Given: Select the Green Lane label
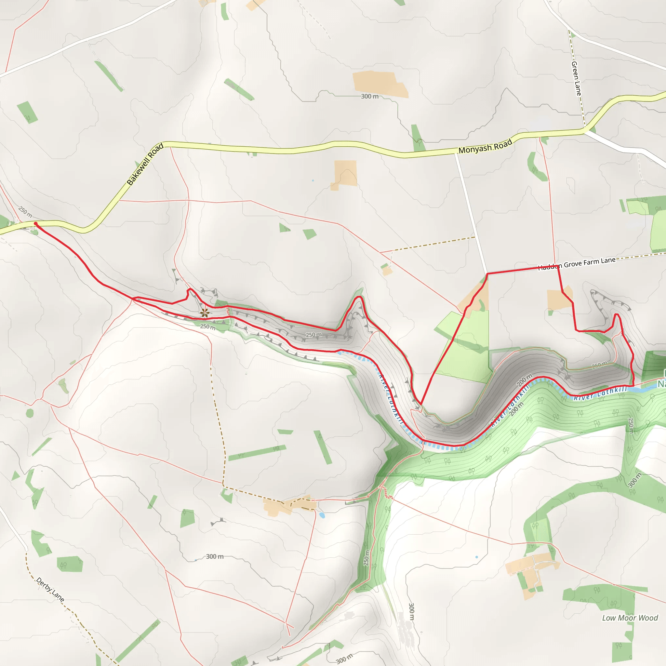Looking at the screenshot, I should tap(576, 78).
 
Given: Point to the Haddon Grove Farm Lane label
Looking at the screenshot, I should tap(577, 264).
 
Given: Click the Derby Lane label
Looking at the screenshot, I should tap(50, 590).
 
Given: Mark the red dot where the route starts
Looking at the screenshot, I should tap(35, 224).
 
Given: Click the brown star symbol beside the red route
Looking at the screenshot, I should tap(205, 313).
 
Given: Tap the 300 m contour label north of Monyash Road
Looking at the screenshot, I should tap(369, 97).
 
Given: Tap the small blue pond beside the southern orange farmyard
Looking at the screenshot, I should tap(322, 515).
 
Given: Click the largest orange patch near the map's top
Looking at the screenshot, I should tap(380, 84).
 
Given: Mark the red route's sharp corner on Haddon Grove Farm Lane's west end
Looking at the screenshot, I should tap(487, 274).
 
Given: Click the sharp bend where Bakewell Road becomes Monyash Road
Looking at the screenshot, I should tap(165, 144).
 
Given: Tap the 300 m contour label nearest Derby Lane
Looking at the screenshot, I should tap(214, 556).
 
